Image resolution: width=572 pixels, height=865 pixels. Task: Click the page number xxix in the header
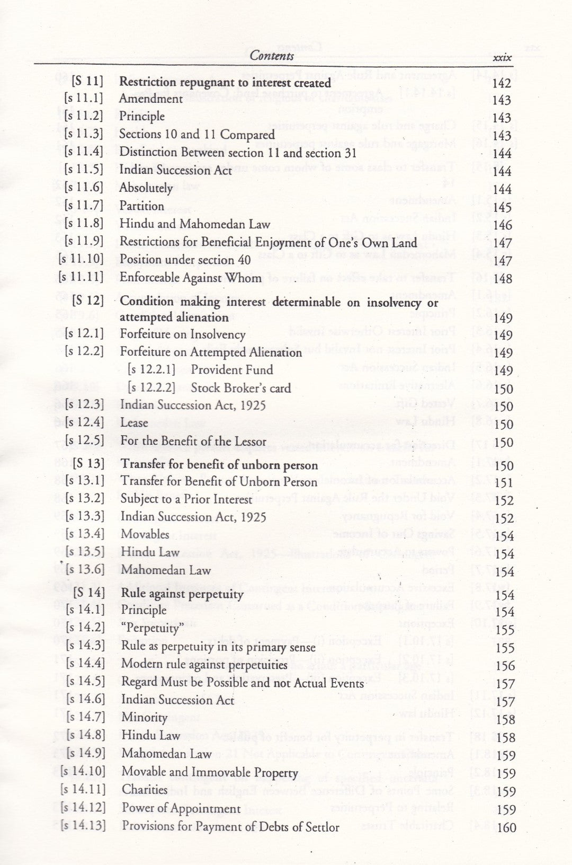click(502, 57)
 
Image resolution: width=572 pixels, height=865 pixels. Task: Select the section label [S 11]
click(87, 81)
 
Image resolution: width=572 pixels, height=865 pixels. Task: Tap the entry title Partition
click(141, 206)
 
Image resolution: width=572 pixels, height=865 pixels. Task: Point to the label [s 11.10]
click(82, 260)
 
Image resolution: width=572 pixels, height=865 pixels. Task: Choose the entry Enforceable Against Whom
click(190, 278)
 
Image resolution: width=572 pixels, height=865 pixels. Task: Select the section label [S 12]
click(88, 301)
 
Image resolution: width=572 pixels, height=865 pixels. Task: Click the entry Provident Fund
click(232, 370)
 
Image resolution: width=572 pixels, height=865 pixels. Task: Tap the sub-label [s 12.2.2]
click(151, 387)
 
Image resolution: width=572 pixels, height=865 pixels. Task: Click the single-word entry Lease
click(134, 423)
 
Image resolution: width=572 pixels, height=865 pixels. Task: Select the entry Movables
click(145, 534)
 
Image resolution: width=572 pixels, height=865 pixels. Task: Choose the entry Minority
click(145, 718)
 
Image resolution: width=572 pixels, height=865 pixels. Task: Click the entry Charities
click(145, 790)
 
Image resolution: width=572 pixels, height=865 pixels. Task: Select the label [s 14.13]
click(83, 825)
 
